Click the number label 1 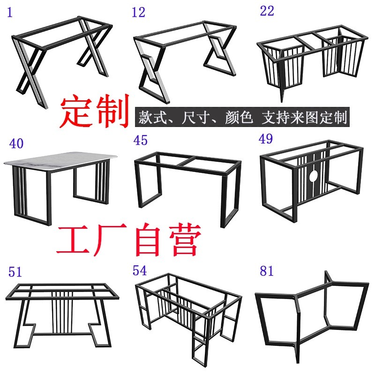click(x=10, y=13)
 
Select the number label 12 click(x=138, y=13)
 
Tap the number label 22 click(x=267, y=11)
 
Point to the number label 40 click(x=16, y=143)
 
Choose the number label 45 click(x=140, y=140)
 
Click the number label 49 click(x=265, y=139)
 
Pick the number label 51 click(x=15, y=272)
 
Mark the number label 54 click(x=140, y=270)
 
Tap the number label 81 click(x=267, y=271)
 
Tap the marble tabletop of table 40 click(x=60, y=161)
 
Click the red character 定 click(x=76, y=111)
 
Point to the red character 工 click(x=74, y=239)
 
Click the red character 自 click(x=147, y=240)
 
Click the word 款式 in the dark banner click(x=153, y=117)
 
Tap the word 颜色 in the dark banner click(x=239, y=117)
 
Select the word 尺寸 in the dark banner click(x=196, y=117)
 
